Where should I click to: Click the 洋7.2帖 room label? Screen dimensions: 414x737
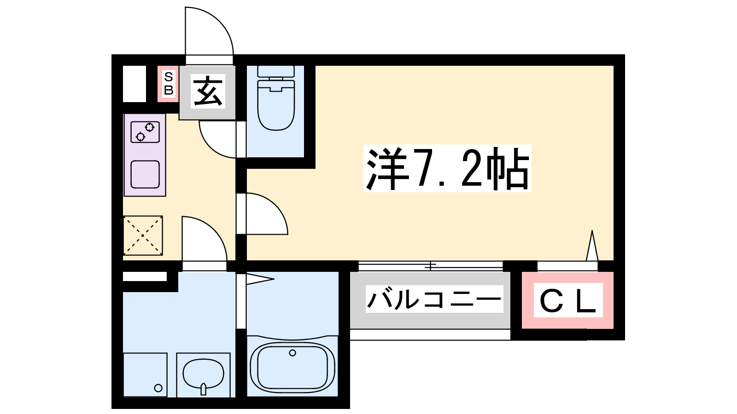[447, 168]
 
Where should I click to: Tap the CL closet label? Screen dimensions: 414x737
[568, 301]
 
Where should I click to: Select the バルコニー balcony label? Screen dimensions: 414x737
[433, 299]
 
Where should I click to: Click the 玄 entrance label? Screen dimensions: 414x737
[208, 92]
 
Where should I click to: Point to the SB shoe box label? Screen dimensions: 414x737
[169, 84]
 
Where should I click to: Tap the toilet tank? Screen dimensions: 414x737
[275, 71]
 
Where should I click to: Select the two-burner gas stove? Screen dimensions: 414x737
[145, 132]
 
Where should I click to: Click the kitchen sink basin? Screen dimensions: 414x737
[145, 174]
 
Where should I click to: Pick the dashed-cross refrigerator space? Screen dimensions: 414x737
[143, 235]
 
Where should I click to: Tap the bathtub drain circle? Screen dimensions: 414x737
[292, 353]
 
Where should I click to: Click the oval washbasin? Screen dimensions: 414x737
[203, 373]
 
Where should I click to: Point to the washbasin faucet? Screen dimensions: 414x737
[203, 390]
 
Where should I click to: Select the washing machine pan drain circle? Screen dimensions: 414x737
[158, 388]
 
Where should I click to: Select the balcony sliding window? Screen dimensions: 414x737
[430, 266]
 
